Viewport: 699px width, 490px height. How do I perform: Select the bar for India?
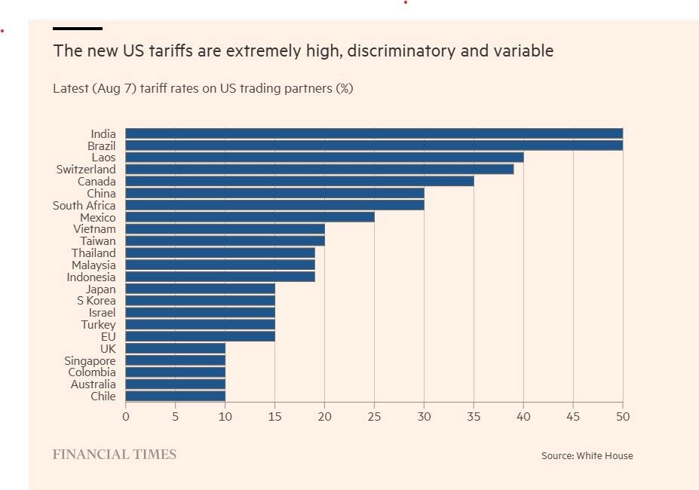pyautogui.click(x=373, y=133)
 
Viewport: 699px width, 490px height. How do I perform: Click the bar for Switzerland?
pyautogui.click(x=319, y=170)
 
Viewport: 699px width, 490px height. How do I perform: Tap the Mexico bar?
pyautogui.click(x=250, y=217)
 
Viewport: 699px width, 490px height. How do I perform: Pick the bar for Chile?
pyautogui.click(x=175, y=396)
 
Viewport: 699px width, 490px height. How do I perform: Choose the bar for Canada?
pyautogui.click(x=299, y=182)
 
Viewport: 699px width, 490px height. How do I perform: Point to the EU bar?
pyautogui.click(x=200, y=336)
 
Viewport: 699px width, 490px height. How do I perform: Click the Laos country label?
pyautogui.click(x=103, y=158)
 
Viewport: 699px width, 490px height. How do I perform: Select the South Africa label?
pyautogui.click(x=84, y=205)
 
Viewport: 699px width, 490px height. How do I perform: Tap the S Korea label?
pyautogui.click(x=96, y=301)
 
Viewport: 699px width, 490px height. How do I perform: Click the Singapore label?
pyautogui.click(x=90, y=360)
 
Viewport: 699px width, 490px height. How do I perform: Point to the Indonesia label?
pyautogui.click(x=91, y=277)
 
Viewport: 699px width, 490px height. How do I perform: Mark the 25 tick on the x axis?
pyautogui.click(x=374, y=415)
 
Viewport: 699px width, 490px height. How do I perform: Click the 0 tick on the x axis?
pyautogui.click(x=125, y=415)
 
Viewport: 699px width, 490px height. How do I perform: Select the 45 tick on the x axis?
pyautogui.click(x=573, y=415)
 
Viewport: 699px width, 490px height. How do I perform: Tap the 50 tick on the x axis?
pyautogui.click(x=623, y=415)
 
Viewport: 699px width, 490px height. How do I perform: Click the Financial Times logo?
pyautogui.click(x=115, y=455)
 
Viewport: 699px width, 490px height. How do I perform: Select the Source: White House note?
pyautogui.click(x=587, y=456)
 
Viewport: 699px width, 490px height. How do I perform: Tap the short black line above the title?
pyautogui.click(x=77, y=29)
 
